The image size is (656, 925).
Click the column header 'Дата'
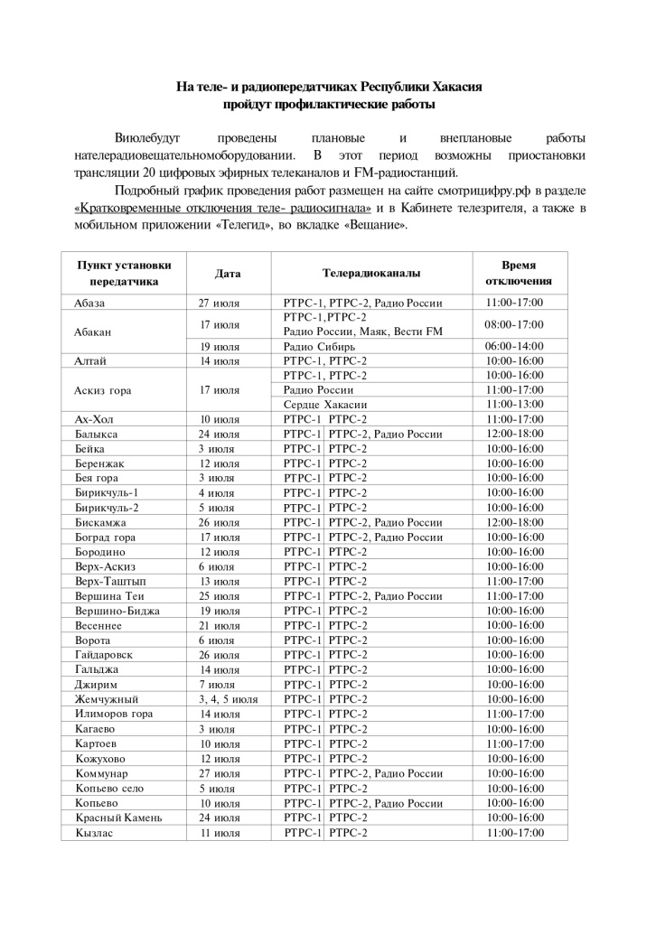click(x=229, y=273)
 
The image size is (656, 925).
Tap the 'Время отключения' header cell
click(x=518, y=273)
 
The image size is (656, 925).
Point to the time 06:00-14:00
click(x=514, y=347)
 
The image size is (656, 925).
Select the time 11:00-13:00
click(x=514, y=405)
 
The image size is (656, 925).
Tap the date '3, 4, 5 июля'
click(x=229, y=699)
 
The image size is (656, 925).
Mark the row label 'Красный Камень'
click(x=119, y=818)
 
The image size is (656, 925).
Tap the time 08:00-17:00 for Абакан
click(x=514, y=324)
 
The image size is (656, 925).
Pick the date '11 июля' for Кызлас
click(x=220, y=832)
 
